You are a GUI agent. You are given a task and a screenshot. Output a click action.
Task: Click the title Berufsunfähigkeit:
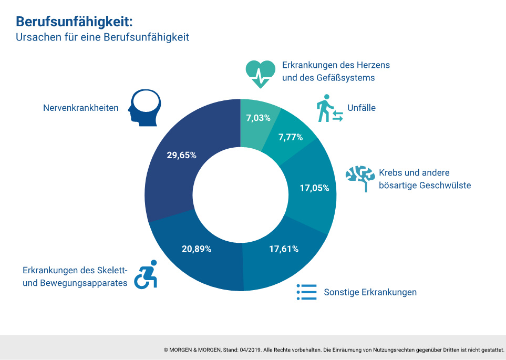point(74,22)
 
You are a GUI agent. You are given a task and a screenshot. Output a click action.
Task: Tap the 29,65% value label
point(181,155)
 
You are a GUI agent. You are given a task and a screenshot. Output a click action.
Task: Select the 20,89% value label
point(197,249)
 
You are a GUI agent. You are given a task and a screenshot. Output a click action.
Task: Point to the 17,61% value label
point(283,249)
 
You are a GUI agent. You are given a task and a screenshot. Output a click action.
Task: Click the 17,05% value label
point(314,188)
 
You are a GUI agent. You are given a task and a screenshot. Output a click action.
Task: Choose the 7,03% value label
point(258,118)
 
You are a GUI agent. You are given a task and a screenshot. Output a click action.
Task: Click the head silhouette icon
point(144,108)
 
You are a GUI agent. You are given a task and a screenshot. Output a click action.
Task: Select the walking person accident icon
point(329,109)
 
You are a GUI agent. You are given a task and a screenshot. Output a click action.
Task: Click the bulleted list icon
point(306,292)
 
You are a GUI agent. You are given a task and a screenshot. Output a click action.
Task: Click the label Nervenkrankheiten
point(80,108)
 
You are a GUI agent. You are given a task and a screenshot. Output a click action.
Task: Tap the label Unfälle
point(362,108)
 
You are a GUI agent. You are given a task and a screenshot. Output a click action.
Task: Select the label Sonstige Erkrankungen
point(370,292)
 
